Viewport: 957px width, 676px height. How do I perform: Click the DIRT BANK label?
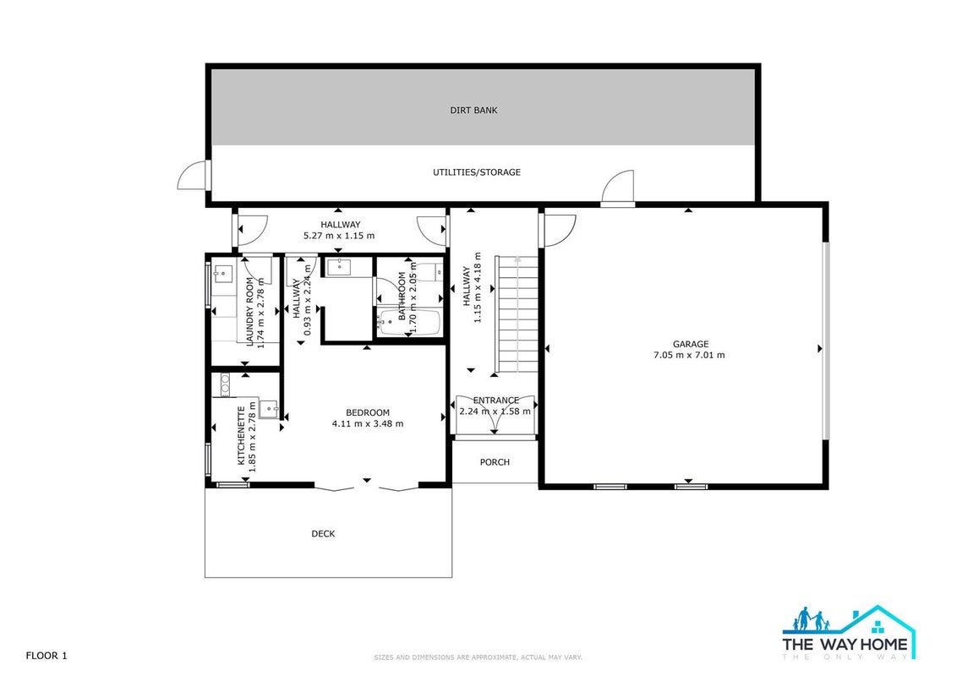[473, 111]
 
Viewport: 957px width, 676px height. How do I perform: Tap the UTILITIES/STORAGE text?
[477, 172]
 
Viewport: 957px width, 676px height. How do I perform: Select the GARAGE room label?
[691, 344]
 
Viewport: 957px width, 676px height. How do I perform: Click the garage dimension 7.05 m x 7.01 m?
[689, 355]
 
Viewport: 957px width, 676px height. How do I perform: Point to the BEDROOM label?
[368, 412]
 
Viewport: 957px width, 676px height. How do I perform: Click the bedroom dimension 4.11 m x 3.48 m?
[368, 423]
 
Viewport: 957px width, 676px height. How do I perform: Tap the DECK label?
[323, 534]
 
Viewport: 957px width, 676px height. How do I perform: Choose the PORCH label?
[495, 462]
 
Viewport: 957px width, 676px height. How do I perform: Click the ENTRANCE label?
[496, 401]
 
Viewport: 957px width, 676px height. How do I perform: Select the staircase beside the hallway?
[517, 314]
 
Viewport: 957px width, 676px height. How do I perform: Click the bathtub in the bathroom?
[409, 323]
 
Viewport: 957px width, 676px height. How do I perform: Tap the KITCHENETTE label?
[241, 436]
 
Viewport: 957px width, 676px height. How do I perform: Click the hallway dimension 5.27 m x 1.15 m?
[339, 236]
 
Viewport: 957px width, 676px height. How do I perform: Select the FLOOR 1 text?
[46, 656]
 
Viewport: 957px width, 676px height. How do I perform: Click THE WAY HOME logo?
[849, 633]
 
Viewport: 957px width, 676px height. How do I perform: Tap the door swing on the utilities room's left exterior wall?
[194, 175]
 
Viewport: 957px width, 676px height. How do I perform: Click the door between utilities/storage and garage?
[618, 188]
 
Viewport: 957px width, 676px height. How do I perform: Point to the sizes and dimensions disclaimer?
[478, 657]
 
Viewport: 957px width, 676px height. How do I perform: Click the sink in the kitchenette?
[269, 408]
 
